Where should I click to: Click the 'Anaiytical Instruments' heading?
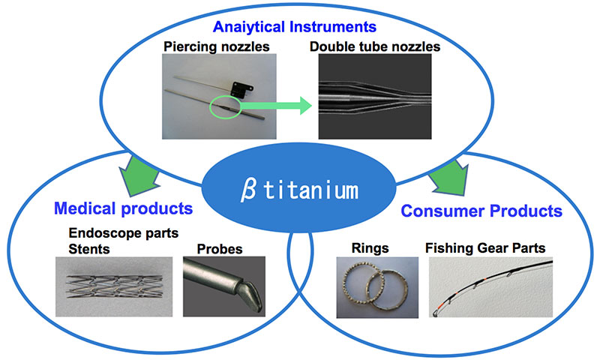[295, 27]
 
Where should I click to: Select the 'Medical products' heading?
[123, 208]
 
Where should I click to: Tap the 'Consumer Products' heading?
[481, 211]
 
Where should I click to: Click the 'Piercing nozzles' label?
[217, 46]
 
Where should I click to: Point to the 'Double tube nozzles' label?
[375, 46]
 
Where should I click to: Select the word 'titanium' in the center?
[310, 190]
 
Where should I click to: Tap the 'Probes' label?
[220, 249]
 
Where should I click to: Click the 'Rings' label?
[370, 248]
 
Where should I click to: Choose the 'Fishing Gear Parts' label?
[485, 248]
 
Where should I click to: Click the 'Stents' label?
[89, 249]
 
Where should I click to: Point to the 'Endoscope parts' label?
[124, 233]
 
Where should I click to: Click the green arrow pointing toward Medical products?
[139, 174]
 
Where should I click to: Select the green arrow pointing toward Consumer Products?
[450, 177]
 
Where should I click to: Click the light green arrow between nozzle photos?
[276, 106]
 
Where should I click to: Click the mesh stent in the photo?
[114, 286]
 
